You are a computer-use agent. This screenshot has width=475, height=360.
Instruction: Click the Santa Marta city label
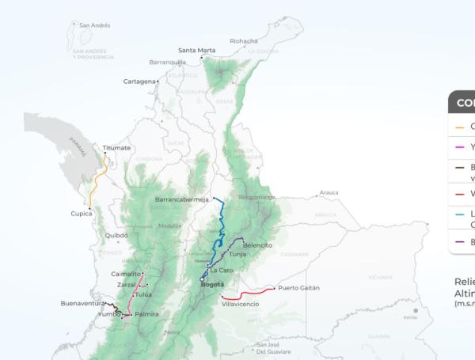click(196, 50)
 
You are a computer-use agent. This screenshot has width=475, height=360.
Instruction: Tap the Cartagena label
click(139, 81)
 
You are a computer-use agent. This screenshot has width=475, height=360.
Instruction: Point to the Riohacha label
click(243, 41)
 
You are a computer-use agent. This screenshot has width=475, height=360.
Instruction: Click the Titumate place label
click(116, 147)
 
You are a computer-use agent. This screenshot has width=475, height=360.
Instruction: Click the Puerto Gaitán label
click(298, 288)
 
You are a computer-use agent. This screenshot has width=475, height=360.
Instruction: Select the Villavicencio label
click(241, 304)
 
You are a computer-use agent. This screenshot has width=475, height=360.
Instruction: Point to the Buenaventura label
click(82, 303)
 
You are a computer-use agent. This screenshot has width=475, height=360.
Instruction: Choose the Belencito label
click(257, 244)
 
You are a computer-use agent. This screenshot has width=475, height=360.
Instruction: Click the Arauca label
click(329, 192)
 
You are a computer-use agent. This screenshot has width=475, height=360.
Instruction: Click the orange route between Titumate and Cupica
click(97, 184)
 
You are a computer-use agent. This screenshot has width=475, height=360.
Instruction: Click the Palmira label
click(146, 314)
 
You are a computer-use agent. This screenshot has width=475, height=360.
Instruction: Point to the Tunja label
click(237, 255)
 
